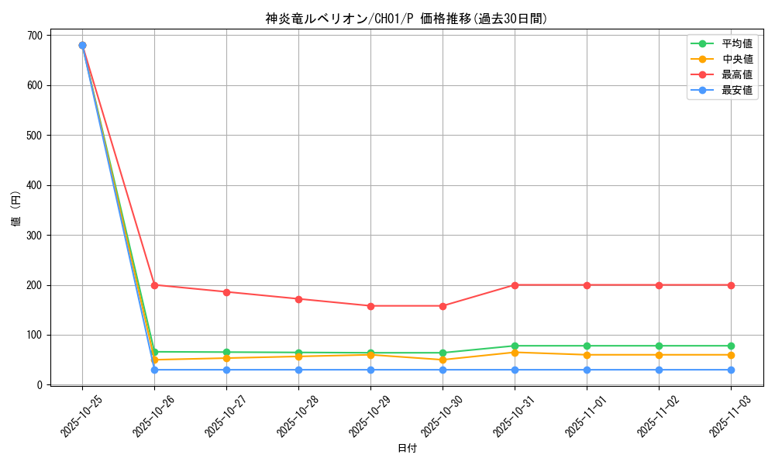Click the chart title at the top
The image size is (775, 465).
[x=407, y=19]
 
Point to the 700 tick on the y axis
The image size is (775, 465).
[x=36, y=36]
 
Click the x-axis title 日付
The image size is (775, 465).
[x=407, y=449]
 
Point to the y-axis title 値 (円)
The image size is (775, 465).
[x=16, y=209]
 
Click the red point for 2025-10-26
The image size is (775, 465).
[x=154, y=285]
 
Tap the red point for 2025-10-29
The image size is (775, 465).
[x=370, y=306]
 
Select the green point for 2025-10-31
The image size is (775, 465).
[x=515, y=346]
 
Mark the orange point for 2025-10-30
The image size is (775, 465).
[x=443, y=360]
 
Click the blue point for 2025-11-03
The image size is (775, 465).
[x=731, y=370]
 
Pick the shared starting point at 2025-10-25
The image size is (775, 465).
[x=82, y=46]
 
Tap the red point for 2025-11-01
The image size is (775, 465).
[x=587, y=285]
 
